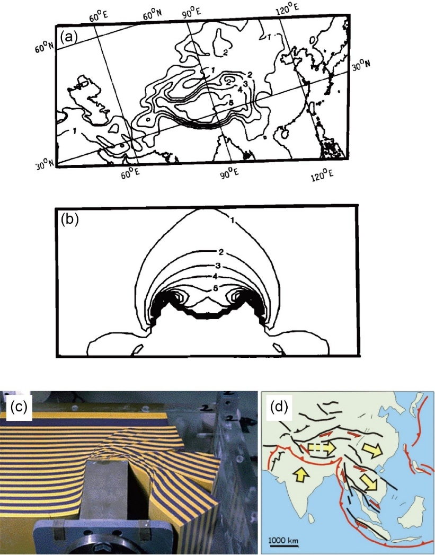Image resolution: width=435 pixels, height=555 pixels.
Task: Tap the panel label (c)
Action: click(19, 407)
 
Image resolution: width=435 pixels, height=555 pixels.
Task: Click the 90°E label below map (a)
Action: click(229, 173)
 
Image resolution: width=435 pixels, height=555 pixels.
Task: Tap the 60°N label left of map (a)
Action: click(44, 47)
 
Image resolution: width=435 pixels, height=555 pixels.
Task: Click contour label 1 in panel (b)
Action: click(232, 221)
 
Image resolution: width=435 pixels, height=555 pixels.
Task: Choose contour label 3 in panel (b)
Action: click(217, 266)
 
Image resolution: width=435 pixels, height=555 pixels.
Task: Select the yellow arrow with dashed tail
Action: click(321, 448)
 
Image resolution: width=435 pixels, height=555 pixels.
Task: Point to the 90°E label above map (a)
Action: click(192, 11)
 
